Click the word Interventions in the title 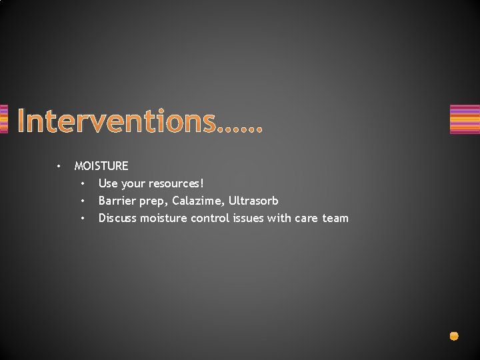pyautogui.click(x=117, y=121)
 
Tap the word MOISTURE pyautogui.click(x=101, y=166)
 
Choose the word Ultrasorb pyautogui.click(x=253, y=201)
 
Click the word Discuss pyautogui.click(x=117, y=218)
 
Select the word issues pyautogui.click(x=248, y=218)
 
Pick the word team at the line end pyautogui.click(x=335, y=218)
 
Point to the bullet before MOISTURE pyautogui.click(x=59, y=166)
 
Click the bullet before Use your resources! pyautogui.click(x=83, y=183)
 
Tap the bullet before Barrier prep pyautogui.click(x=83, y=201)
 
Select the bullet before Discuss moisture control pyautogui.click(x=83, y=218)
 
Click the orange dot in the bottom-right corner pyautogui.click(x=454, y=336)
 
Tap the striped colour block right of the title pyautogui.click(x=465, y=119)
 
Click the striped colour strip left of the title pyautogui.click(x=3, y=119)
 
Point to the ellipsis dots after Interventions pyautogui.click(x=241, y=127)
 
